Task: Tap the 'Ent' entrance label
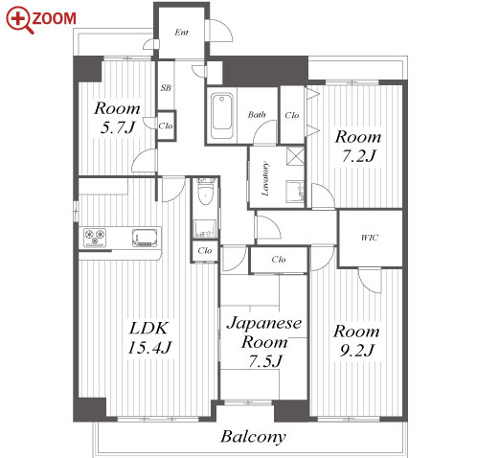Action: [181, 32]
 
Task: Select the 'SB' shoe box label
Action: [166, 87]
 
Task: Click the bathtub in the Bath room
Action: [222, 116]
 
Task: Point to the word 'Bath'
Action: [257, 114]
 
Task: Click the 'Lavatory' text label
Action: [265, 179]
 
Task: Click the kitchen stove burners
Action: [95, 238]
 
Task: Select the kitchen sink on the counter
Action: [145, 238]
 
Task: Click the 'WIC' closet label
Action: [370, 238]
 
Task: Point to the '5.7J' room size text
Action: [118, 127]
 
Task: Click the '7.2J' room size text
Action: [358, 156]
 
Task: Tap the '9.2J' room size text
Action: [356, 351]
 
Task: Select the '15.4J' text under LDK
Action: [149, 348]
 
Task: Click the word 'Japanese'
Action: [264, 324]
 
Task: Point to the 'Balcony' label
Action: [253, 437]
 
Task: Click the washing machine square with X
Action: [295, 156]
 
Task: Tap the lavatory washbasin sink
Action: [295, 192]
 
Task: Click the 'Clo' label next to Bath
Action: [292, 115]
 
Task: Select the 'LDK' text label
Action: [148, 328]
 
